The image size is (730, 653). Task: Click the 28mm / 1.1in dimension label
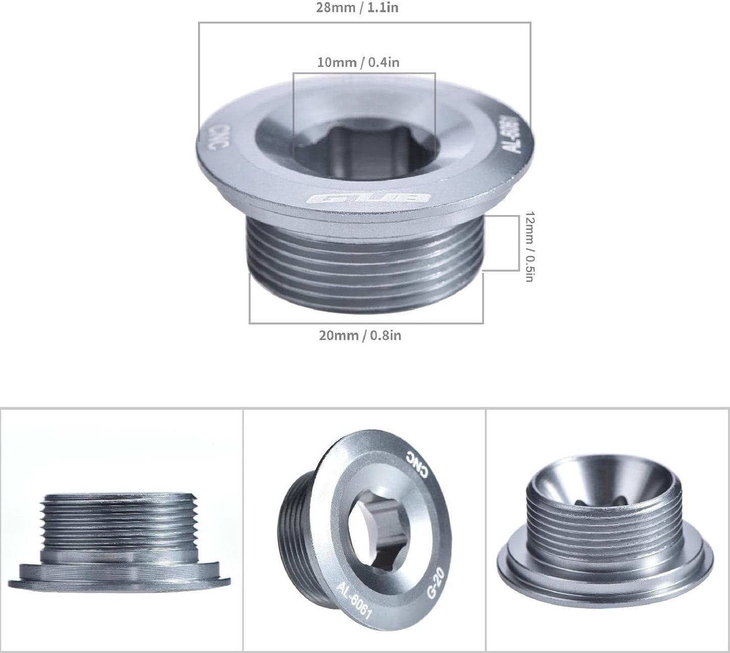[357, 8]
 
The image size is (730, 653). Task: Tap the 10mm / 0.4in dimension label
[358, 62]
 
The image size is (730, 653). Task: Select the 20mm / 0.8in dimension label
[360, 336]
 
